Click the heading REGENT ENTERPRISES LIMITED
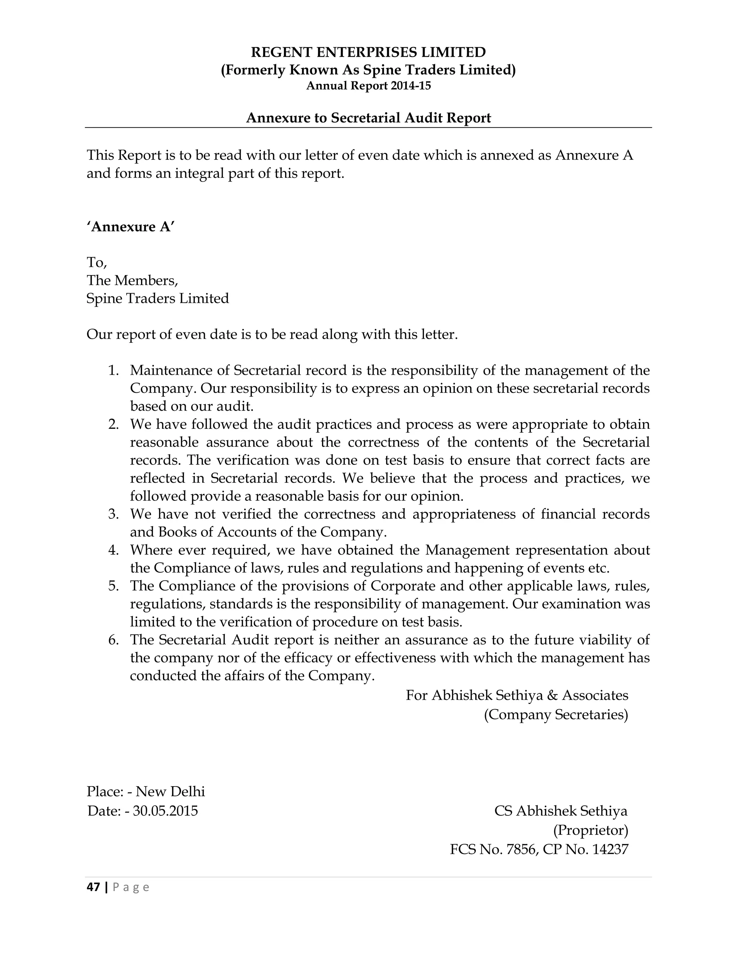pyautogui.click(x=368, y=53)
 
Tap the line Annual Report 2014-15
pyautogui.click(x=368, y=86)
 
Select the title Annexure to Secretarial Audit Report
pyautogui.click(x=368, y=118)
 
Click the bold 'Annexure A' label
pyautogui.click(x=131, y=227)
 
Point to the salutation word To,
pyautogui.click(x=96, y=262)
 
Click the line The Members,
pyautogui.click(x=132, y=280)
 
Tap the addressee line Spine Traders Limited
pyautogui.click(x=158, y=298)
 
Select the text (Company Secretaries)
pyautogui.click(x=555, y=715)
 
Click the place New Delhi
pyautogui.click(x=170, y=792)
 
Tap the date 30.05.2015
pyautogui.click(x=166, y=811)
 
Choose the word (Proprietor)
pyautogui.click(x=590, y=829)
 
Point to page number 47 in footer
pyautogui.click(x=93, y=887)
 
